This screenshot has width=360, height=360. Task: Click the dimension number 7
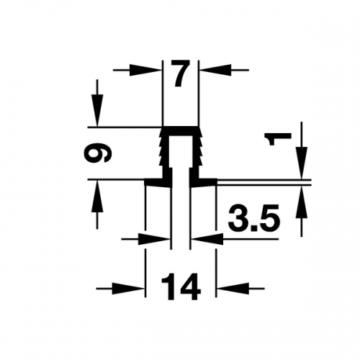(181, 73)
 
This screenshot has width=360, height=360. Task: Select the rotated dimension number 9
(98, 154)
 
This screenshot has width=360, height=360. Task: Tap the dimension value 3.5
(254, 217)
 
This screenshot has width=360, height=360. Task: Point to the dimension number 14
(181, 287)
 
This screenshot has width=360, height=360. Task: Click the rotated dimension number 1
(278, 139)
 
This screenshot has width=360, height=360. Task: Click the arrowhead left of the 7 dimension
(145, 70)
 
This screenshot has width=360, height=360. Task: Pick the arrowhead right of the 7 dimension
(215, 70)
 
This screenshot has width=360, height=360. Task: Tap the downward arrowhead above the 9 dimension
(97, 110)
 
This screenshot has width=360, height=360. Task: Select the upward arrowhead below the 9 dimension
(97, 197)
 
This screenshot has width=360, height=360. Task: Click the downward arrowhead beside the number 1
(302, 163)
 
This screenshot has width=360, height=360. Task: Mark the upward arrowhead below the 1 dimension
(302, 202)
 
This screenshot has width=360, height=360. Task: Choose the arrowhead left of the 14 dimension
(129, 289)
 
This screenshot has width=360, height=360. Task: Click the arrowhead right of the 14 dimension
(233, 289)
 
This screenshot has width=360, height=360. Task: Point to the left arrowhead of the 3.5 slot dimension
(155, 239)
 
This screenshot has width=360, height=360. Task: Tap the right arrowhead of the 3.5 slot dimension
(207, 239)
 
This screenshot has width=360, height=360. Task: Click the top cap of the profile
(181, 131)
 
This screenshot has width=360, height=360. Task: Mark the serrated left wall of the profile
(163, 153)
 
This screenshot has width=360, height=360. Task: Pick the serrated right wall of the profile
(198, 153)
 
